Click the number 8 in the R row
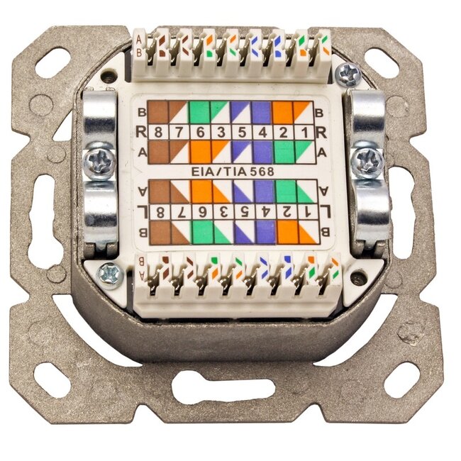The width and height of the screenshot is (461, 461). click(x=157, y=132)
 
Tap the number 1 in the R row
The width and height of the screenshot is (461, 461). click(x=304, y=132)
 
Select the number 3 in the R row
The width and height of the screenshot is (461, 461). click(x=221, y=132)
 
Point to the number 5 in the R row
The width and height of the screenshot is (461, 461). click(x=242, y=132)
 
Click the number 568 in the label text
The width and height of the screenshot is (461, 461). click(x=261, y=170)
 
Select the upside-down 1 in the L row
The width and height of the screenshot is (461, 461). click(x=305, y=211)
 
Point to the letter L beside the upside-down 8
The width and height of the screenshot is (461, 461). click(x=142, y=211)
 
